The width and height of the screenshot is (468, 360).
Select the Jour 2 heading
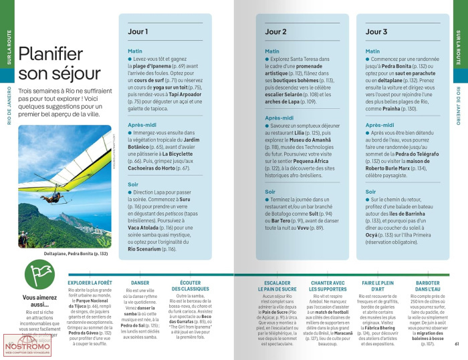276,31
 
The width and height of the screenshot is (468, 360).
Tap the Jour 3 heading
376,31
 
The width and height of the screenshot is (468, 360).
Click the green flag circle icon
37,273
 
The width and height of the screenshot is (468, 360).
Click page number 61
456,344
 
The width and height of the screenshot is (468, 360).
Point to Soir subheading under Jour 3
370,192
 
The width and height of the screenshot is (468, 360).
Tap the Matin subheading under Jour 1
136,51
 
